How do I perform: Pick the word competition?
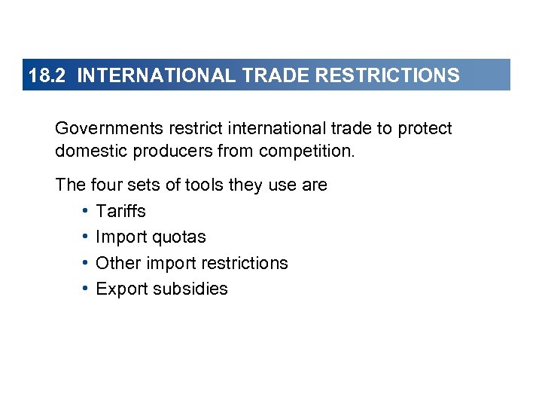coord(306,151)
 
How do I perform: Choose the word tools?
coord(195,185)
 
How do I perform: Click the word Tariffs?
coord(120,211)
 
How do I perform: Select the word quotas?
coord(178,237)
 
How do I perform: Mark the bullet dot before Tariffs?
coord(87,211)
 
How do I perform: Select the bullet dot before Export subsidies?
coord(87,289)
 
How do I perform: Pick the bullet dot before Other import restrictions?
coord(87,263)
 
